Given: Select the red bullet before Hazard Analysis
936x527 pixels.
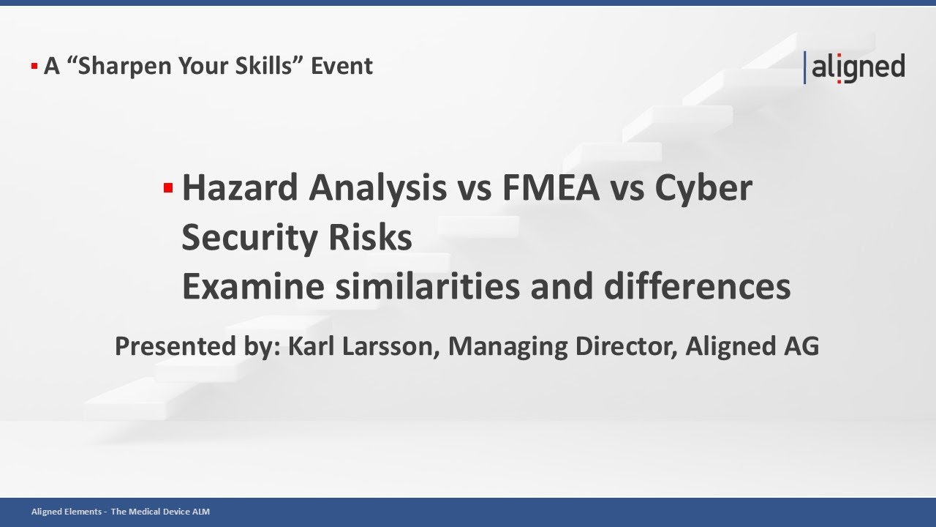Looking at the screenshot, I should (x=167, y=189).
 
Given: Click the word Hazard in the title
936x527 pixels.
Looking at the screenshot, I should (x=239, y=188).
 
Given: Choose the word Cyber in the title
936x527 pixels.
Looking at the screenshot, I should (x=703, y=188).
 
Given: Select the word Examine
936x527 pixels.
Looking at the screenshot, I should (x=252, y=287).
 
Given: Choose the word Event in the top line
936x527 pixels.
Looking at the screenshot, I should (x=341, y=66).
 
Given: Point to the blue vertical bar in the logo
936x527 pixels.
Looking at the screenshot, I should (x=805, y=67).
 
